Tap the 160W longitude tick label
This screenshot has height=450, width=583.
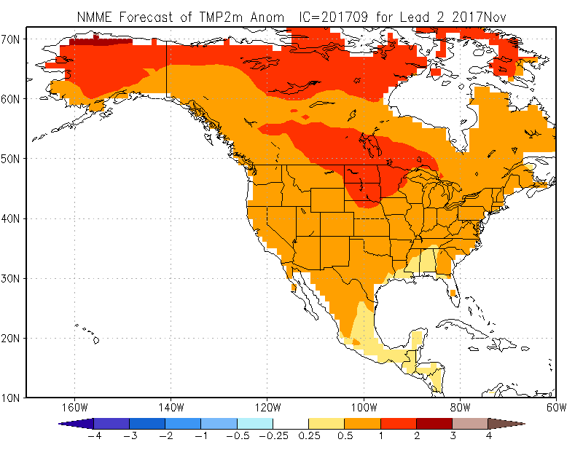(74, 407)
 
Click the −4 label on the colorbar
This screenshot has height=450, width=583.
(93, 436)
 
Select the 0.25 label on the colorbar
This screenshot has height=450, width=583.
(308, 436)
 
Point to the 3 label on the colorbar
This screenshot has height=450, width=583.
(452, 436)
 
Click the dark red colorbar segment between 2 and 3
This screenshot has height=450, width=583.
(434, 423)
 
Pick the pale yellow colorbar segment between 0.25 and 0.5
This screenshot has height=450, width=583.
(326, 423)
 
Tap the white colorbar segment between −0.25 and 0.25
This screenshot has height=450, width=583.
(290, 423)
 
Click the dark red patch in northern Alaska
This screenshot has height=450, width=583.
(98, 42)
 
